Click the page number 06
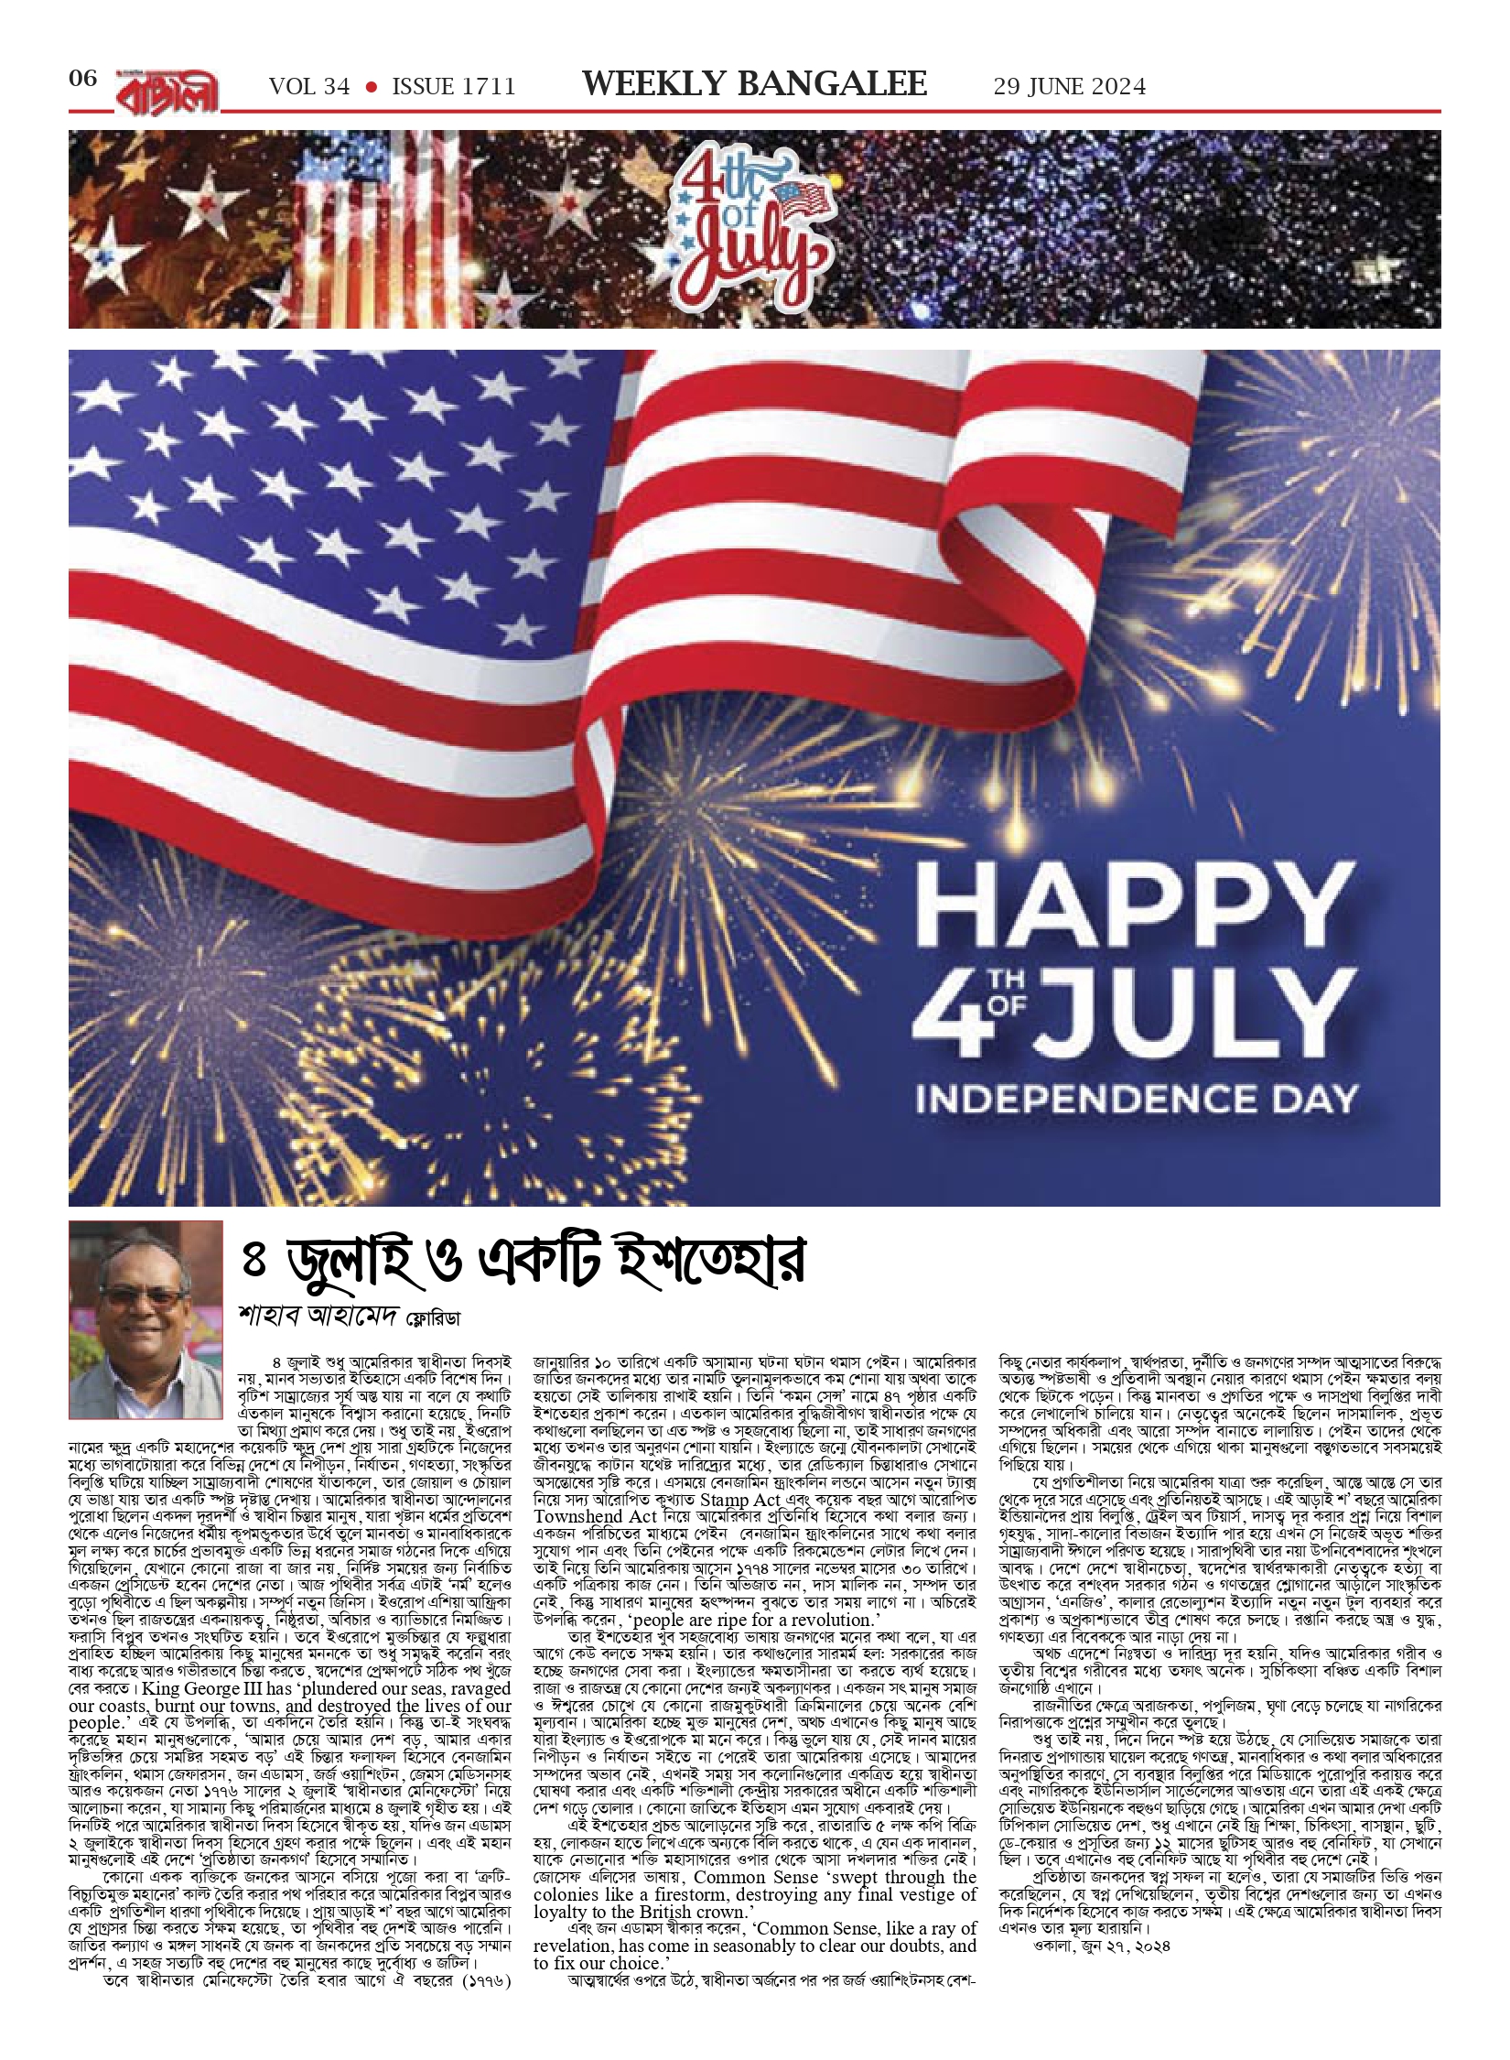(82, 79)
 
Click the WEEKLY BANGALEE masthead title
(755, 84)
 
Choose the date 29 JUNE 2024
(1069, 87)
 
